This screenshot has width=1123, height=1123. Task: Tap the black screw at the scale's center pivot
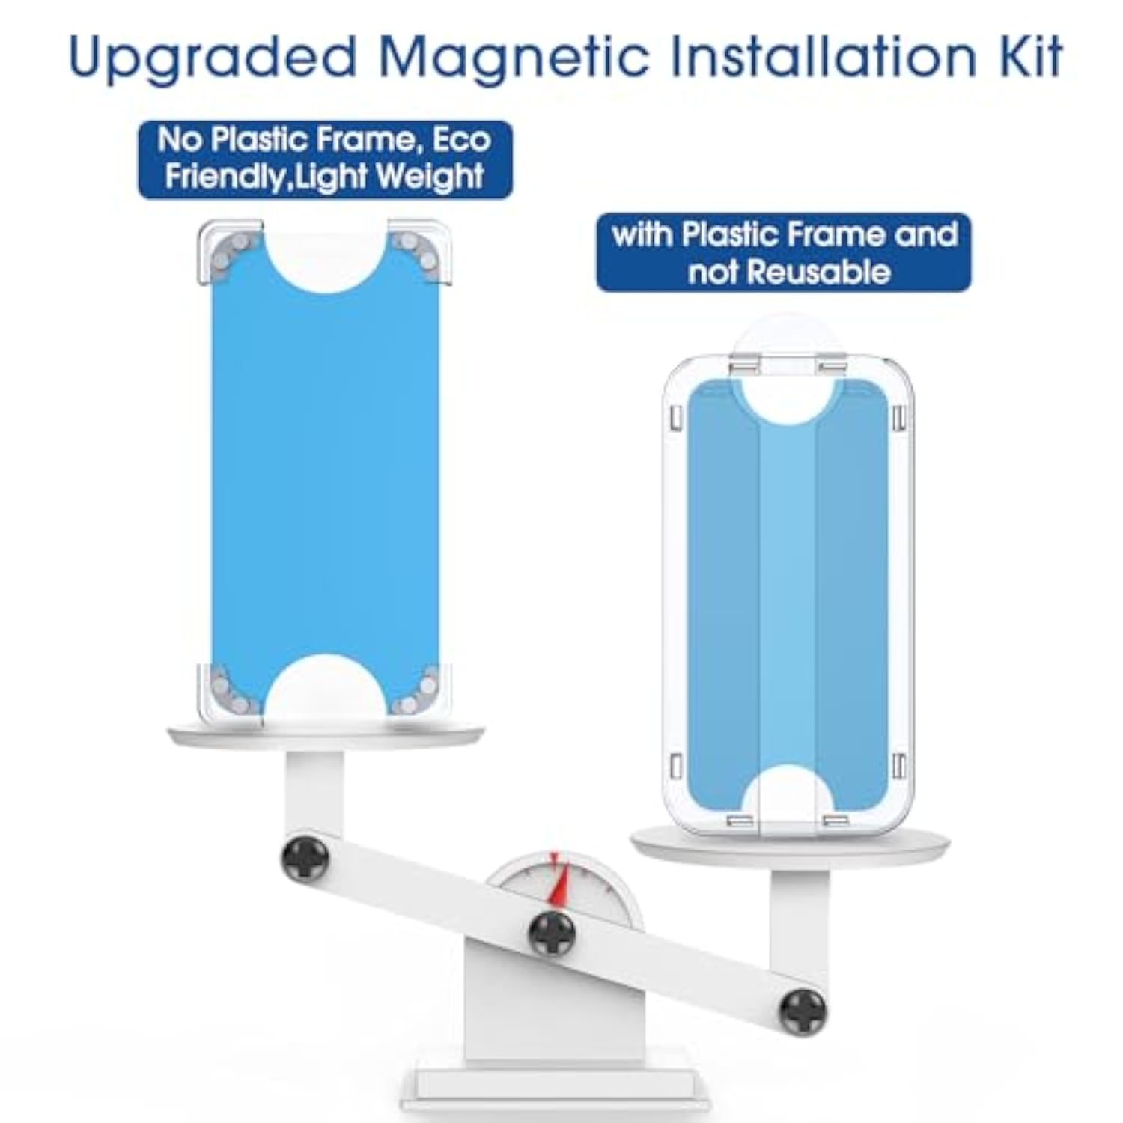(x=552, y=933)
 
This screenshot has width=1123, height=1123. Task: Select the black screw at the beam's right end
(x=803, y=1011)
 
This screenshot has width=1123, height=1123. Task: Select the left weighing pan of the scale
(x=326, y=734)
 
